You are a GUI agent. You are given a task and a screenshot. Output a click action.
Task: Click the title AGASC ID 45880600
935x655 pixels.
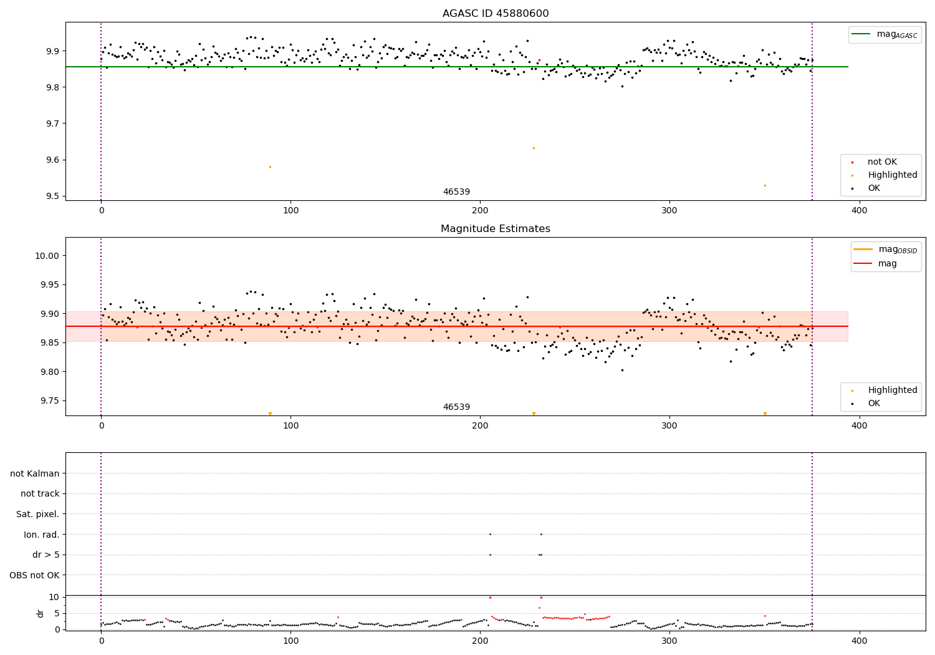click(x=496, y=14)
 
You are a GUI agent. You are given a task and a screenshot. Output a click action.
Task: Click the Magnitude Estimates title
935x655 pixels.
click(x=496, y=229)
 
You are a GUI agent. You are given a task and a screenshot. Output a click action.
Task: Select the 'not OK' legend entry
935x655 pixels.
click(x=882, y=162)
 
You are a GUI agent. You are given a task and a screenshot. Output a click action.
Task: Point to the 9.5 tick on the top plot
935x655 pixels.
click(x=52, y=196)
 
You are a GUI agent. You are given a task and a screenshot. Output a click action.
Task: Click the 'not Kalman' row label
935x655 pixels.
click(x=35, y=473)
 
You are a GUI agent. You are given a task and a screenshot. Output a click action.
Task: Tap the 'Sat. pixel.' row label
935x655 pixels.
click(x=38, y=514)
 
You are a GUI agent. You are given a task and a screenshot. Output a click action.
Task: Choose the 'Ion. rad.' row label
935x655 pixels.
click(x=42, y=535)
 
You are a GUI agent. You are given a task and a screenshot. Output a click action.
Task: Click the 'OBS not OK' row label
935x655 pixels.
click(x=35, y=575)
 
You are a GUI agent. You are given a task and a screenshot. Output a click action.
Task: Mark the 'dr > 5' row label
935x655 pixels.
click(x=46, y=555)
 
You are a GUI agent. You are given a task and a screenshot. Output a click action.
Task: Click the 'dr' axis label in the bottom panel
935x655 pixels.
click(x=41, y=613)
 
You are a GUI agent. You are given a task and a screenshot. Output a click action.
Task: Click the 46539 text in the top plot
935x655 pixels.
click(x=456, y=192)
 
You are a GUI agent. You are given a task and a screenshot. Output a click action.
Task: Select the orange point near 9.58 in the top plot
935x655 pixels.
click(x=270, y=167)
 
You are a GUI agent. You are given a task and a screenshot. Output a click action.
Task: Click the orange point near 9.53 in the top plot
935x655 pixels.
click(x=765, y=185)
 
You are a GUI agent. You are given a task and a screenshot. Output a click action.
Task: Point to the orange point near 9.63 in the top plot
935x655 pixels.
click(x=534, y=148)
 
